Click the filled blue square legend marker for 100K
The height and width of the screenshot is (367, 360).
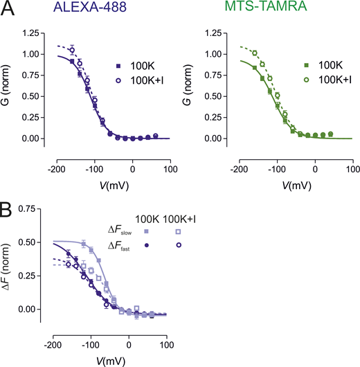pyautogui.click(x=118, y=66)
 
